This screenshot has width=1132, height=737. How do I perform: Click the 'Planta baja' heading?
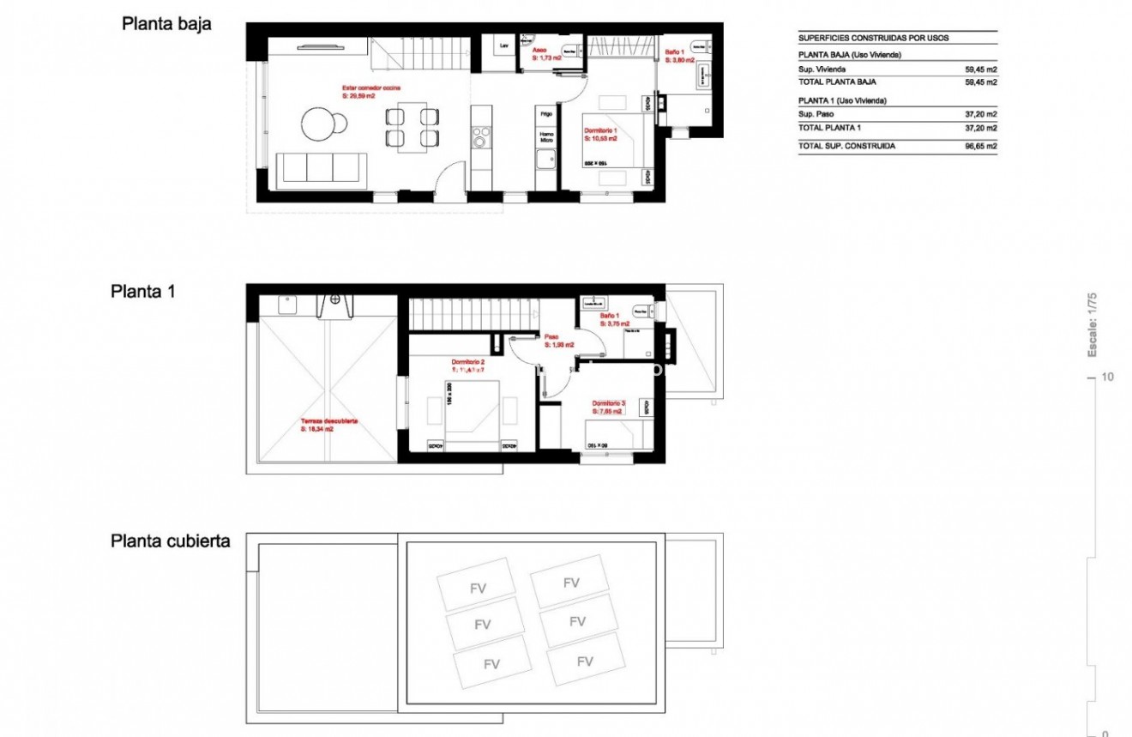[x=166, y=24]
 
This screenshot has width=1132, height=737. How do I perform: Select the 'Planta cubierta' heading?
[x=171, y=541]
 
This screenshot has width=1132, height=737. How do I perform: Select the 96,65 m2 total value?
[x=980, y=147]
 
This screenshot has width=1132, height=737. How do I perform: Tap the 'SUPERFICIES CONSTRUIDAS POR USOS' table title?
[x=873, y=39]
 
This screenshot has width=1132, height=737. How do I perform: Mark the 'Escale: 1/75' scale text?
[x=1093, y=325]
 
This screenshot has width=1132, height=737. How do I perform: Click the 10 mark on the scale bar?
[x=1107, y=378]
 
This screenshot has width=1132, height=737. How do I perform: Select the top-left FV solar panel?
[x=477, y=588]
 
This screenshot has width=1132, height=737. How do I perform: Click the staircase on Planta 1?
[x=472, y=313]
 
